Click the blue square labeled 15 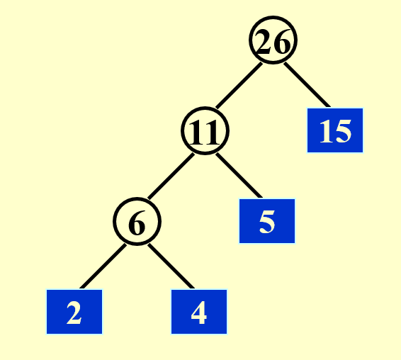tap(335, 130)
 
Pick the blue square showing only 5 tap(267, 221)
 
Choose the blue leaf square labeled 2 tap(74, 312)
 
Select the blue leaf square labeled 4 tap(199, 312)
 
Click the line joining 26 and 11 tap(239, 85)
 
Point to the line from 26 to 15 tap(307, 84)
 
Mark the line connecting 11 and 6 tap(171, 176)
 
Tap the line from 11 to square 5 tap(239, 175)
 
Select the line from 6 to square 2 tap(103, 266)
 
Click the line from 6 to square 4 tap(171, 266)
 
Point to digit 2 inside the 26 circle tap(265, 41)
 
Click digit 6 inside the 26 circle tap(282, 41)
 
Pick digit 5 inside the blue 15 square tap(342, 131)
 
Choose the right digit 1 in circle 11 tap(212, 133)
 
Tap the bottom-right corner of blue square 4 tap(227, 334)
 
